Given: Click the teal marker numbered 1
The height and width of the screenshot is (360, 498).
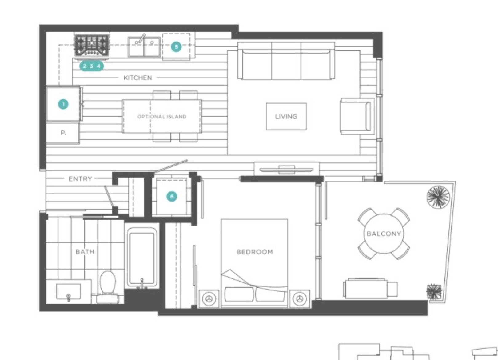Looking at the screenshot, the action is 63,104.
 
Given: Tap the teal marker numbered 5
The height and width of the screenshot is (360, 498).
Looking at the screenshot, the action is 176,47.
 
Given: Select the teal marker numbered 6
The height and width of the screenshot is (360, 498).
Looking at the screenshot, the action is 172,196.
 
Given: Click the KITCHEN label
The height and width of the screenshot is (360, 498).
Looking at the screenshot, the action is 138,78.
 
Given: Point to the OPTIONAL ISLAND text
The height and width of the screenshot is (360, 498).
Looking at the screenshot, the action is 162,117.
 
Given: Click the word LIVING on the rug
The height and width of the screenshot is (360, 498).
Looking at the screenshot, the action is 286,117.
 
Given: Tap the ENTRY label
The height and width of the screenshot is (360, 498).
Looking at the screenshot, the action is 80,179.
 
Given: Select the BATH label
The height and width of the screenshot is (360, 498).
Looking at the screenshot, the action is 85,252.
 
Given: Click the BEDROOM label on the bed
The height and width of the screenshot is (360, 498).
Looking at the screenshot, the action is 255,252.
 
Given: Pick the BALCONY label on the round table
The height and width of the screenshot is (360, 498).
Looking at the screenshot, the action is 384,234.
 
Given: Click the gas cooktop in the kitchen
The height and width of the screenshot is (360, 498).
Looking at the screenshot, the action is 92,46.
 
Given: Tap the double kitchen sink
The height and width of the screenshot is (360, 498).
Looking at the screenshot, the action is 144,47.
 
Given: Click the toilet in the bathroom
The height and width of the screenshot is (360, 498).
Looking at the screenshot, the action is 108,287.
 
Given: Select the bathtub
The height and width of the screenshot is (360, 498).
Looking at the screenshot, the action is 142,258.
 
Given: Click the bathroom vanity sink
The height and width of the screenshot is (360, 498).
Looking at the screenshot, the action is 69,291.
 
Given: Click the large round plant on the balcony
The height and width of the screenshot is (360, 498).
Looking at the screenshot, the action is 438,197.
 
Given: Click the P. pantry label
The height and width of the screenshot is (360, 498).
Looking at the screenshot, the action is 63,133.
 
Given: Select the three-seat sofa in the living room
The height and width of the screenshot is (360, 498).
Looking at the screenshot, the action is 286,61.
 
